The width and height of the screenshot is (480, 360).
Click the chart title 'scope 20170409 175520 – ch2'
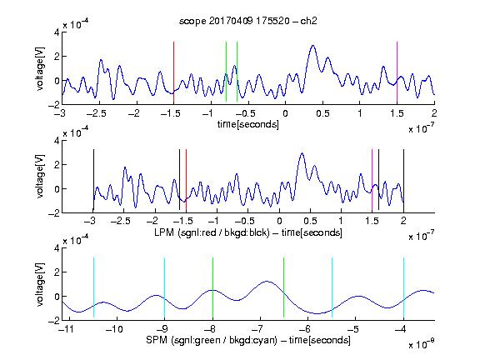coord(248,21)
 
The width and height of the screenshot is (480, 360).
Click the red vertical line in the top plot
coord(173,72)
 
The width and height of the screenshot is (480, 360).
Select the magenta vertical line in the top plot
coord(397,72)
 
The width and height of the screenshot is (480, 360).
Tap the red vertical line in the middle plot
coord(186,180)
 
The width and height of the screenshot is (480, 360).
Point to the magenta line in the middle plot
coord(372,180)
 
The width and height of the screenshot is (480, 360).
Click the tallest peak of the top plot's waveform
coord(312,46)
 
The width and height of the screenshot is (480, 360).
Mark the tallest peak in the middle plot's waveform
coord(302,153)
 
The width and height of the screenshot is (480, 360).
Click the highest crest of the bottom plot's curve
coord(267,281)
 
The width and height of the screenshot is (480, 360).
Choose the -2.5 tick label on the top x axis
coord(96,113)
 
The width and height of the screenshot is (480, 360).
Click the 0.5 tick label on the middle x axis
coord(310,221)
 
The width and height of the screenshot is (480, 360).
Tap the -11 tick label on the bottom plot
coord(67,329)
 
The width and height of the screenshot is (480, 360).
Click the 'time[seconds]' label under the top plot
coord(248,125)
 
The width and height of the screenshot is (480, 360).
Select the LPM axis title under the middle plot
coord(248,232)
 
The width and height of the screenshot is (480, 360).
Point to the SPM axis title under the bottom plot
coord(248,340)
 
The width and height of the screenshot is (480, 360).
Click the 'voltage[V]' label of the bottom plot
coord(40,284)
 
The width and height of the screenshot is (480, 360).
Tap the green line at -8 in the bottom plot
coord(212,287)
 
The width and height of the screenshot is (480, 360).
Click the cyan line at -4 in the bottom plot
coord(403,287)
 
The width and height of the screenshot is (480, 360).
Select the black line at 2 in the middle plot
coord(403,181)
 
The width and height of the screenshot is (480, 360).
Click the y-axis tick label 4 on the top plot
coord(57,32)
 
